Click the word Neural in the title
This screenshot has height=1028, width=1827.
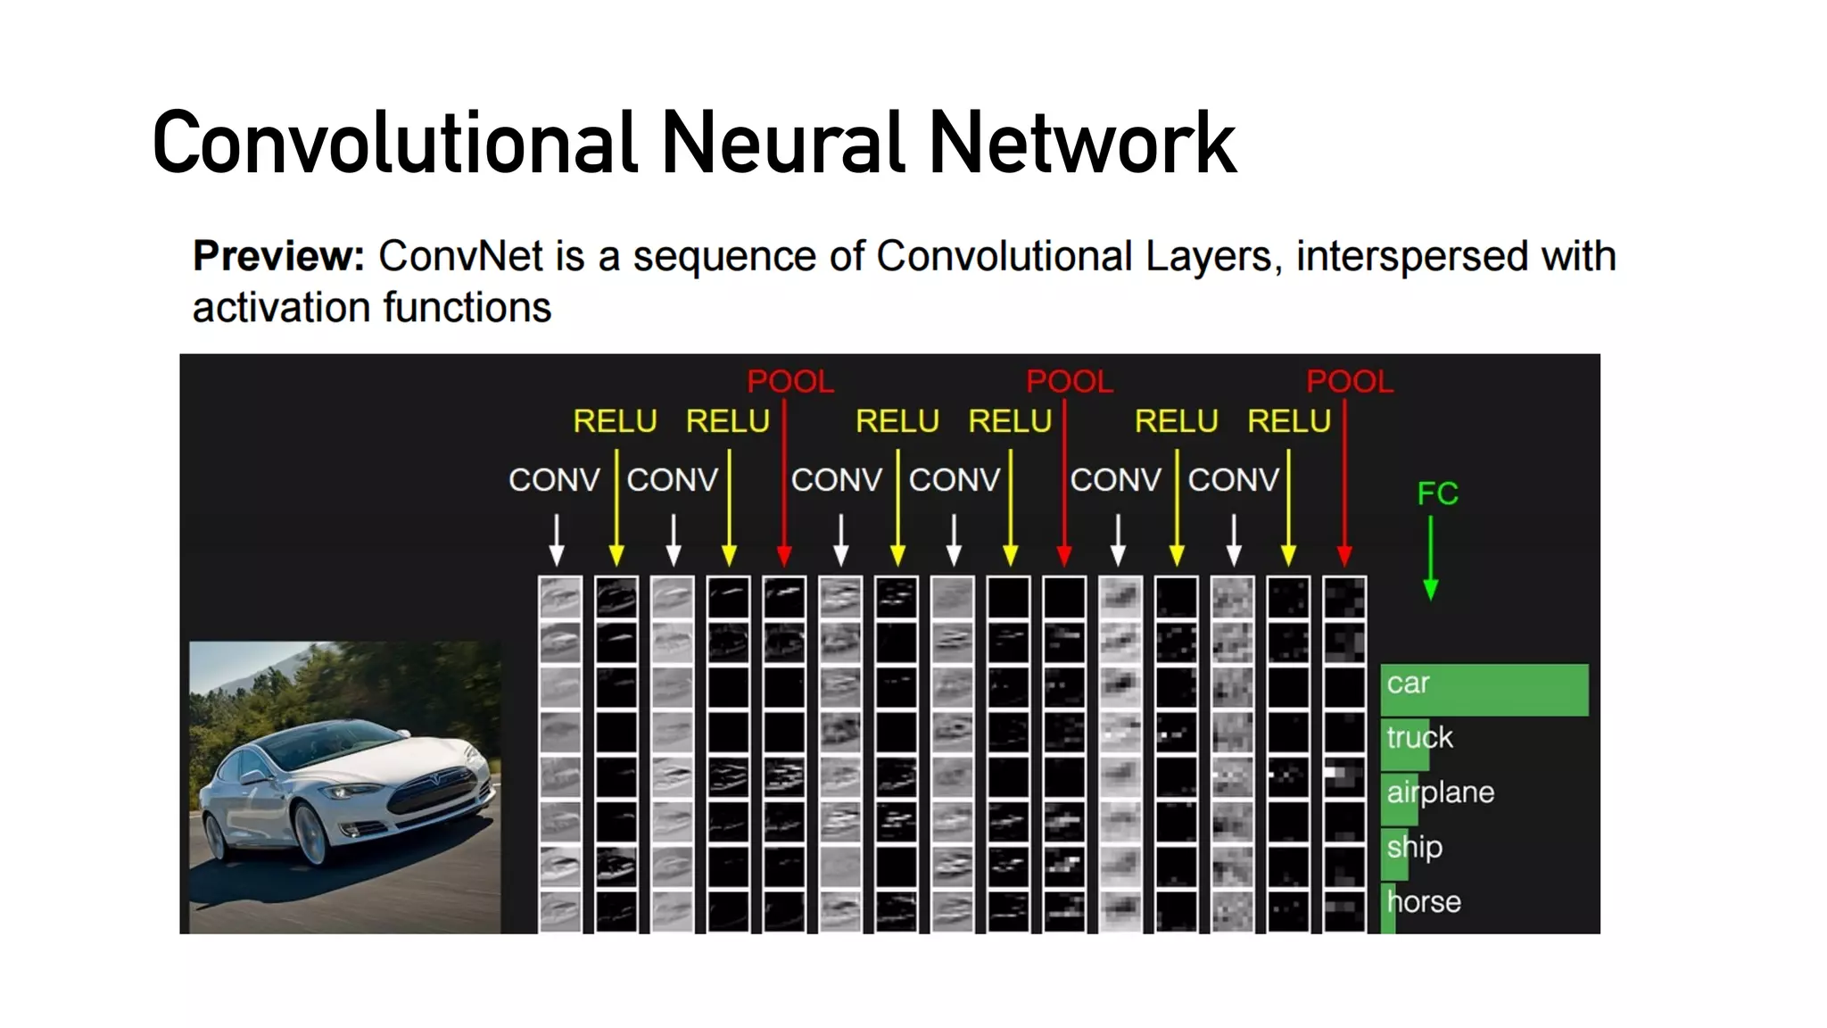pos(782,143)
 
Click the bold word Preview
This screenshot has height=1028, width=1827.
pos(278,256)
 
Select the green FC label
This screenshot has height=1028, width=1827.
pos(1437,493)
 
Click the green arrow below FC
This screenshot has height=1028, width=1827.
pos(1430,558)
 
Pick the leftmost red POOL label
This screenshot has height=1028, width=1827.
pos(789,382)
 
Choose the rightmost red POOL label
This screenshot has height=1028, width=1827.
pos(1349,382)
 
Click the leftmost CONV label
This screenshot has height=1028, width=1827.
pos(554,480)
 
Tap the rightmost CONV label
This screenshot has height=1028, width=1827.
pos(1233,480)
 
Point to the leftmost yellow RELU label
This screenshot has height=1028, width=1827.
pos(615,421)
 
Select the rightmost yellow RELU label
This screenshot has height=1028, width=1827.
pos(1288,421)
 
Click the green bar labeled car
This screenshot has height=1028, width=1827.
pos(1508,689)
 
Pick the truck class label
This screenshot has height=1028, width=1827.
pos(1419,738)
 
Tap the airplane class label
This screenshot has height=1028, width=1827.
pos(1440,792)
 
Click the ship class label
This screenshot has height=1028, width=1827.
pos(1414,847)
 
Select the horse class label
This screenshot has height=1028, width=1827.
pos(1424,902)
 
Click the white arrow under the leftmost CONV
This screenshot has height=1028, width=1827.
pos(557,540)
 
